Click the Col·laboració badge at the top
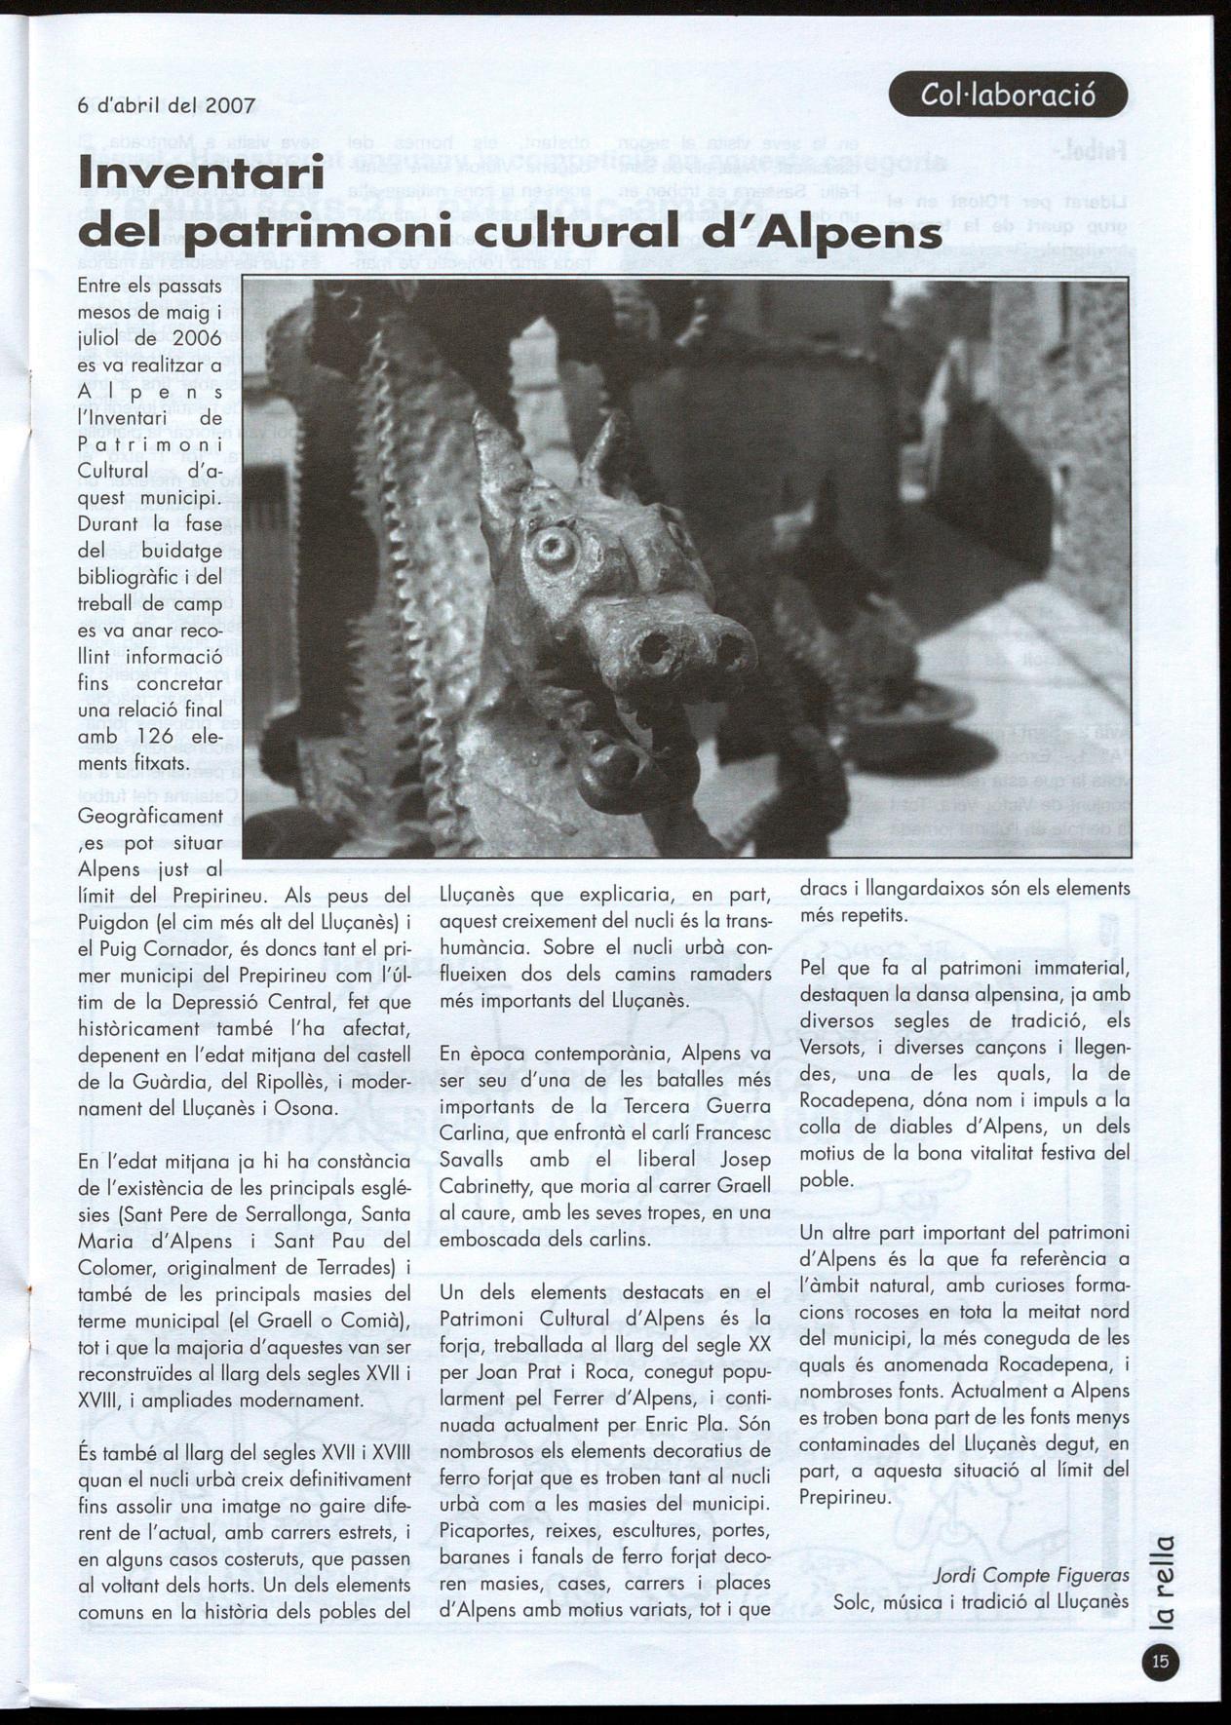pyautogui.click(x=1008, y=95)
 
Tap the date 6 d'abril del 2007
pyautogui.click(x=167, y=106)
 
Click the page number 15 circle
pyautogui.click(x=1160, y=1662)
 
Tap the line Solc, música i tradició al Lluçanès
pyautogui.click(x=981, y=1601)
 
